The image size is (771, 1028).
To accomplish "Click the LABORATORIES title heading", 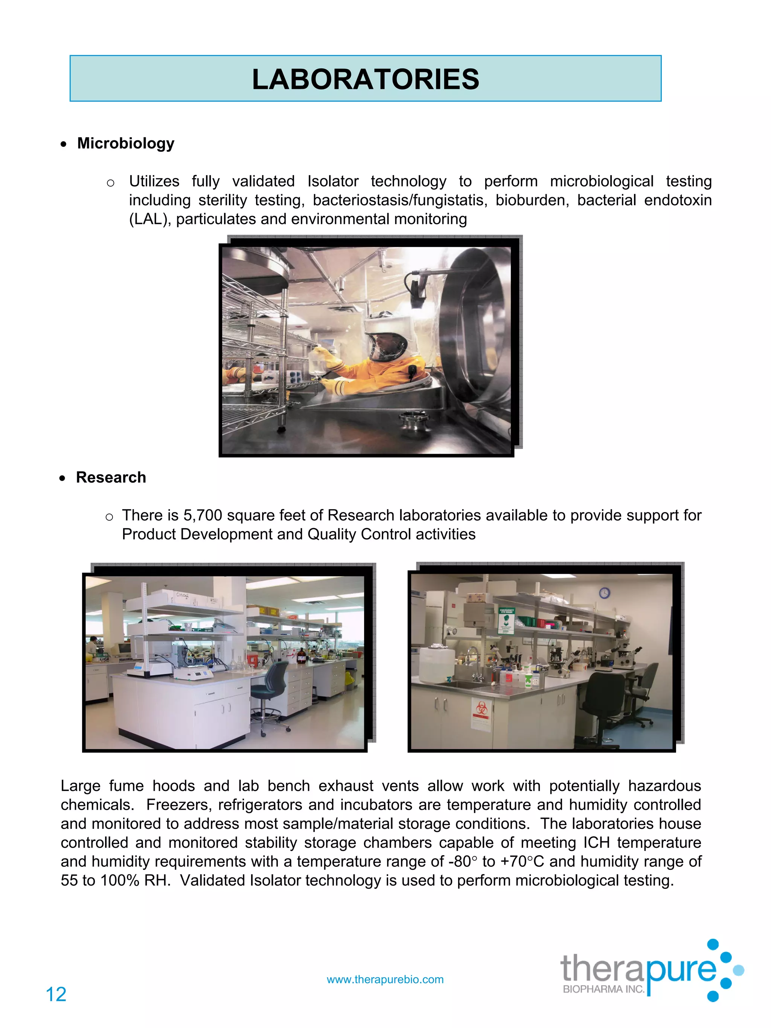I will (x=365, y=79).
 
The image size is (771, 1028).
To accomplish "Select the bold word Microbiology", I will (x=125, y=143).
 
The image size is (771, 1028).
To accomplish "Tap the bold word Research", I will (x=111, y=477).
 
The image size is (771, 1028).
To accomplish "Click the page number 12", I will (x=56, y=994).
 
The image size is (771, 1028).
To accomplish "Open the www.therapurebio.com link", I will (x=385, y=979).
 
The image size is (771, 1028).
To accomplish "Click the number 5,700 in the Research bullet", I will (x=203, y=515).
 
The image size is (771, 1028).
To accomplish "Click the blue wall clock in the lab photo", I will (x=604, y=592).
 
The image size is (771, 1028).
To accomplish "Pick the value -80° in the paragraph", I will (x=462, y=861).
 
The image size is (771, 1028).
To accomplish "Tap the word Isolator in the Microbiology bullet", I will (x=333, y=181).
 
